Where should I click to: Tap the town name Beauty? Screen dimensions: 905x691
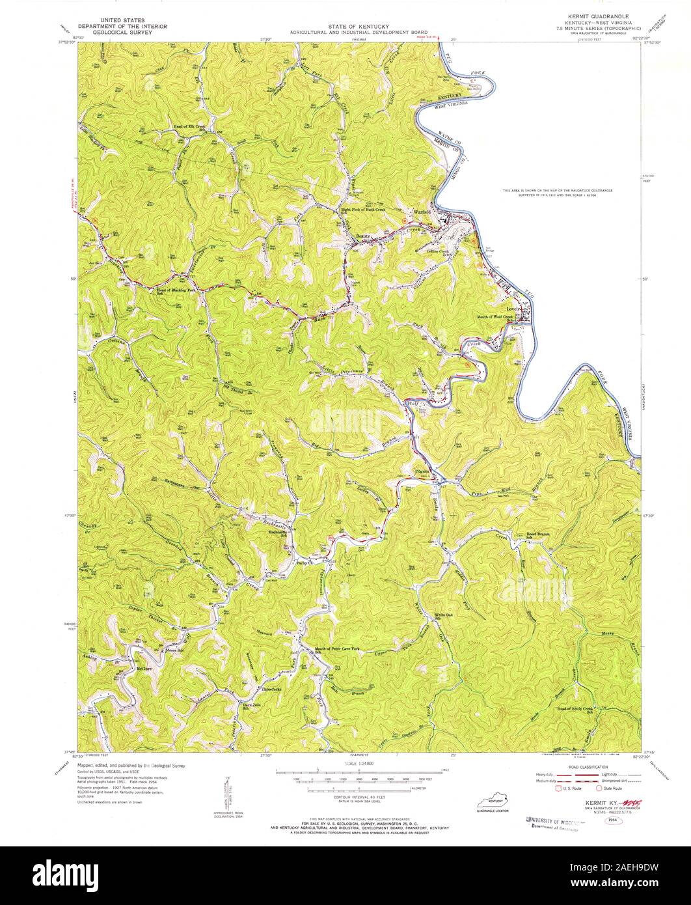coord(363,236)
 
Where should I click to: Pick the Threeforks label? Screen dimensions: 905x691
coord(271,689)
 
